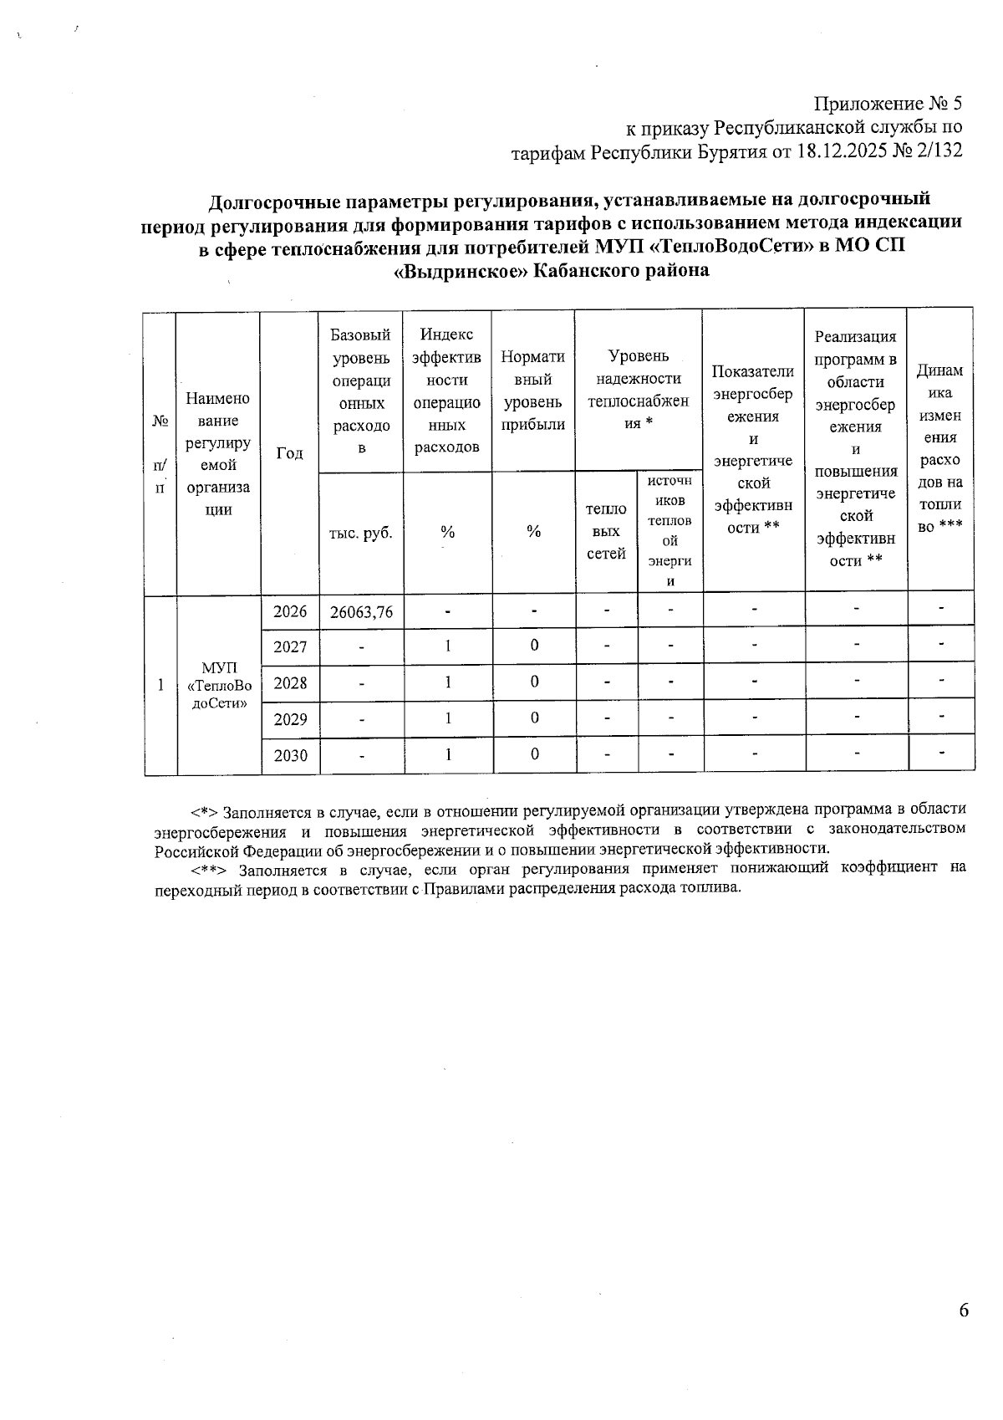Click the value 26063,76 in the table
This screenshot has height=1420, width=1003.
(x=361, y=612)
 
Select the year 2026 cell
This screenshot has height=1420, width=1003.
(x=290, y=611)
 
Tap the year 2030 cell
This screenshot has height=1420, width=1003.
(x=290, y=755)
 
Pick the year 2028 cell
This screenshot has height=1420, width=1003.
(x=290, y=683)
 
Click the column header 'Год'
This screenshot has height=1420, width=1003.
(x=289, y=452)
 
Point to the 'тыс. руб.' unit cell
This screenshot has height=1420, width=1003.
(x=361, y=532)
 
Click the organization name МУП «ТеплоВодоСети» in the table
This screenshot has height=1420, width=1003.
(x=219, y=684)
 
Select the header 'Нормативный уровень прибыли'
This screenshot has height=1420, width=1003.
(x=533, y=391)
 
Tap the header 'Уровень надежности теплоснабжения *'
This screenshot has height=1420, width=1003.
(x=638, y=390)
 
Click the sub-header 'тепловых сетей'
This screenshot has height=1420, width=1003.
(x=606, y=532)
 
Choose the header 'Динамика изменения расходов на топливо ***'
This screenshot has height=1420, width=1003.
(x=939, y=448)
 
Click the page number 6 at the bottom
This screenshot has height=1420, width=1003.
(x=964, y=1310)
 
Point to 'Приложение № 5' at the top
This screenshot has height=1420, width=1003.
(x=888, y=104)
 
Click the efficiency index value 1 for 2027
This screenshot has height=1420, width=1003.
(x=448, y=646)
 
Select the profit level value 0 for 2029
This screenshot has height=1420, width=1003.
(x=534, y=718)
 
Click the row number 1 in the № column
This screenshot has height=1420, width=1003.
(x=160, y=685)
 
